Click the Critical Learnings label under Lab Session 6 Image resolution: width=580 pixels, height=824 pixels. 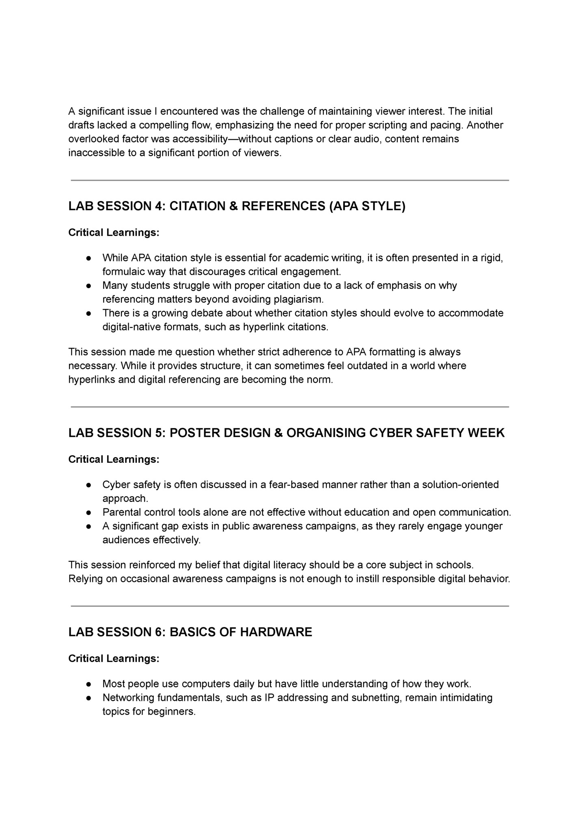point(114,658)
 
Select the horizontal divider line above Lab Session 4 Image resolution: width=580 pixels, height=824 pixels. point(290,180)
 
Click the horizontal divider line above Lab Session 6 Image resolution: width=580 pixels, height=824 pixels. point(290,606)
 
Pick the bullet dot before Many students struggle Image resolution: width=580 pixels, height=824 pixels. point(89,286)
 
